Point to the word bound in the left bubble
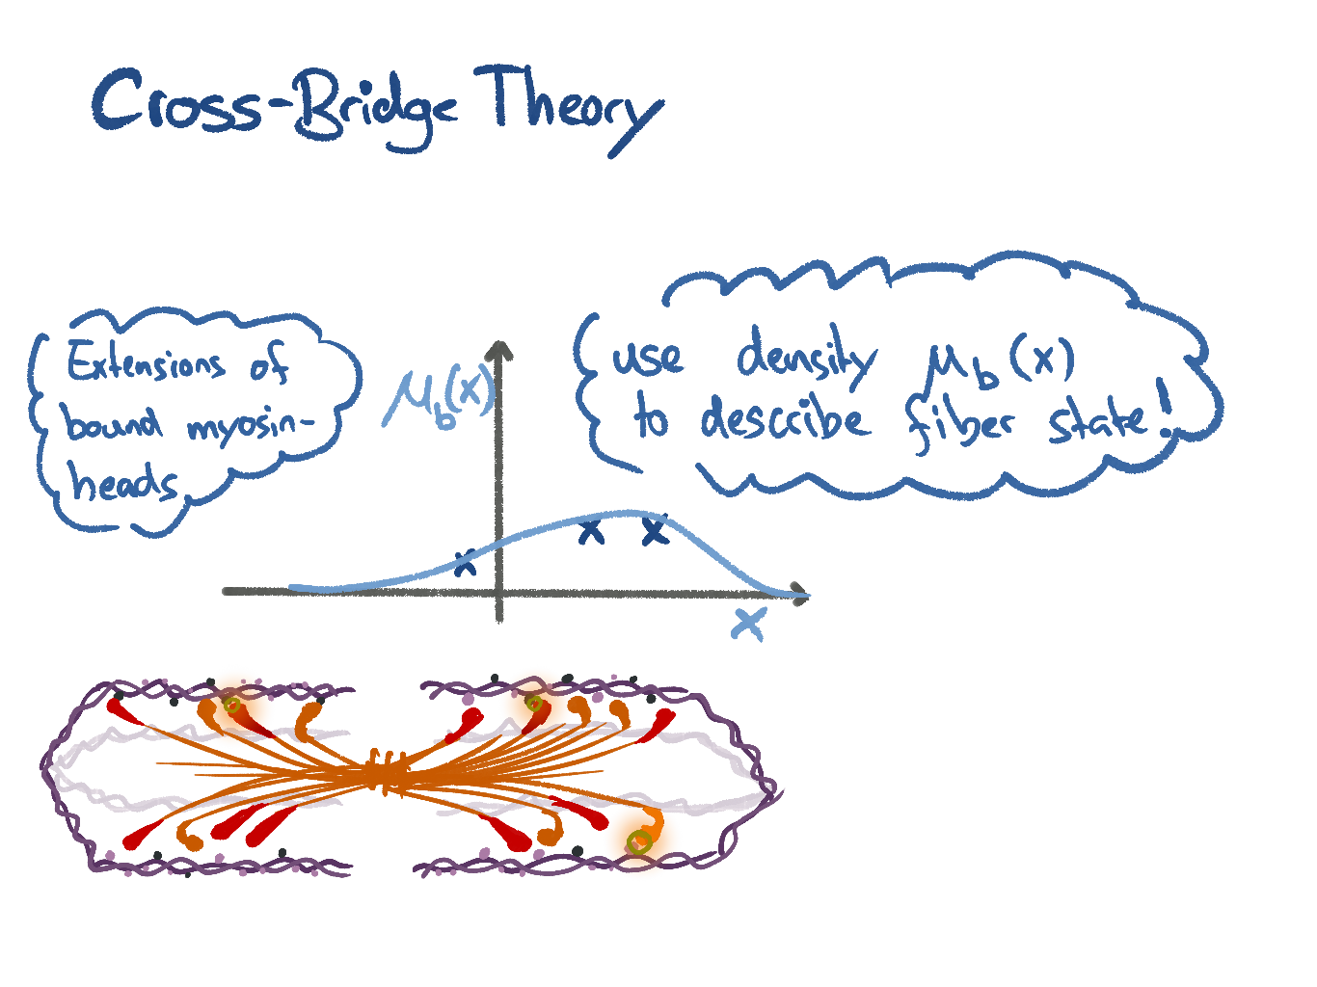tap(113, 421)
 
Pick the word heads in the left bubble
tap(122, 481)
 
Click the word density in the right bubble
tap(806, 360)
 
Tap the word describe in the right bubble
tap(785, 420)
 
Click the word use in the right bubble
tap(649, 358)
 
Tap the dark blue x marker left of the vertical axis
tap(466, 562)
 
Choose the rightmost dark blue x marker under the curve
tap(655, 530)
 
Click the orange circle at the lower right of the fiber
tap(641, 841)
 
